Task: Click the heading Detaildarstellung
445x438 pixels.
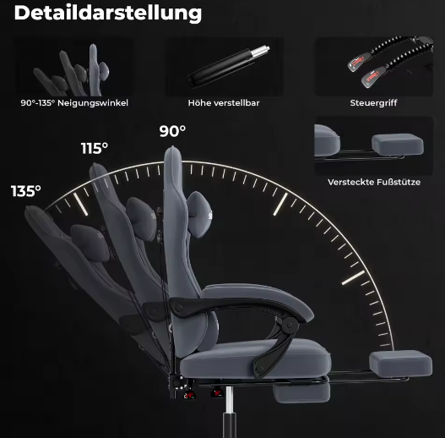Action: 108,13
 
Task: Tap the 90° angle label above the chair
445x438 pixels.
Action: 172,131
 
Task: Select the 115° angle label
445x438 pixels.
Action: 95,148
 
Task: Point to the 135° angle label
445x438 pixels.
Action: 26,191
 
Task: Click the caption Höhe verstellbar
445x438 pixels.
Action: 224,103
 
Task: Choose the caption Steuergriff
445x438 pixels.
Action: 373,103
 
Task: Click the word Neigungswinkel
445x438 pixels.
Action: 93,103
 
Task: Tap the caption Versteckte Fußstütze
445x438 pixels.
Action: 374,182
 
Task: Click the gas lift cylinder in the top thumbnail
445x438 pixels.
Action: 229,67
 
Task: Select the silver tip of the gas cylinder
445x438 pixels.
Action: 261,52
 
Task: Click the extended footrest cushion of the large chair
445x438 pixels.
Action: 400,364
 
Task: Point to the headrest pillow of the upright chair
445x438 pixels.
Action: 199,214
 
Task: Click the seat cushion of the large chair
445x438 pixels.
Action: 255,359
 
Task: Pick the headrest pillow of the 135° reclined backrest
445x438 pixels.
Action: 90,242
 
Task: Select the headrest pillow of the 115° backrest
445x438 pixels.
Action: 141,219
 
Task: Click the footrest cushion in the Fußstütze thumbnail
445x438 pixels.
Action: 398,145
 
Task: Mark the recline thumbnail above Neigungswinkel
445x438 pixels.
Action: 73,67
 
